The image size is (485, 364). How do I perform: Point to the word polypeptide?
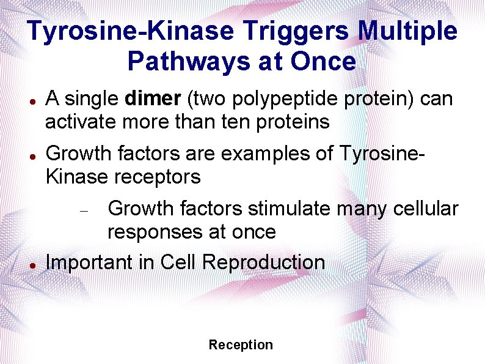(274, 98)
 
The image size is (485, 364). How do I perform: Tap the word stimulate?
(288, 209)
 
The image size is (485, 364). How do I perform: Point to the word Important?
(88, 262)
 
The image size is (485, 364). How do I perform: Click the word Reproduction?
(263, 262)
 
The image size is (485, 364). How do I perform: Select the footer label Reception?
(241, 345)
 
